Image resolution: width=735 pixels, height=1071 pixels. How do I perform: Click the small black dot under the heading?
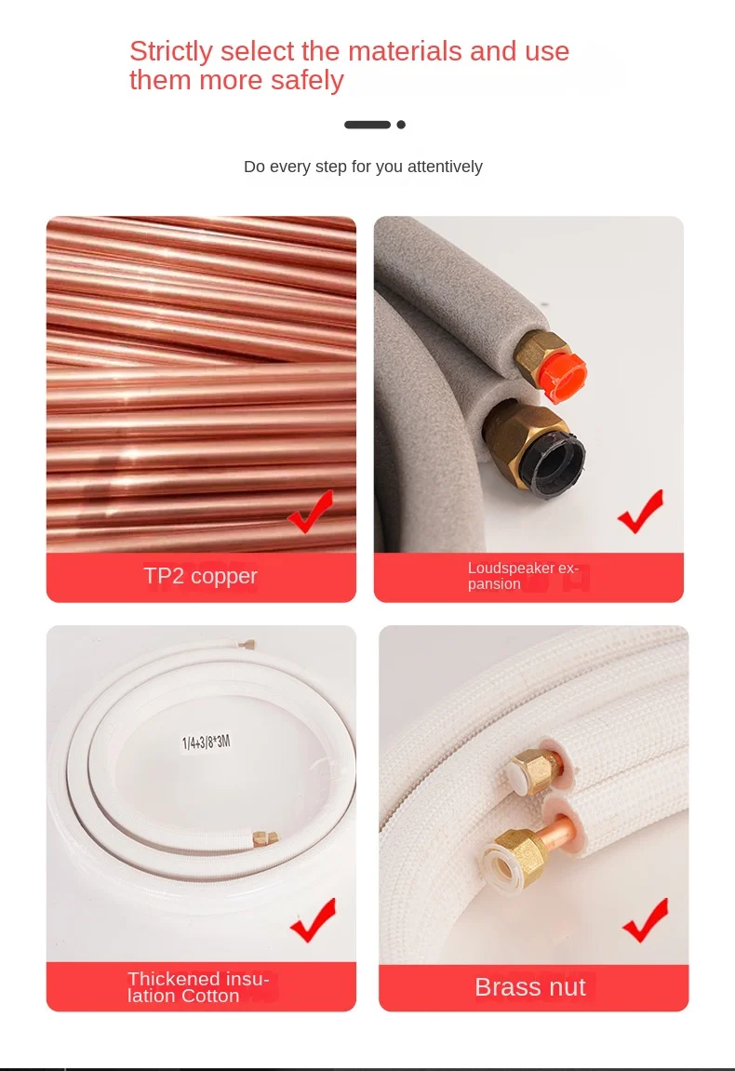pyautogui.click(x=401, y=125)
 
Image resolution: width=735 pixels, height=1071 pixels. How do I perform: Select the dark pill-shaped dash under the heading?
pyautogui.click(x=367, y=125)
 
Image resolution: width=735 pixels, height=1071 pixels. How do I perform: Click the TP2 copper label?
pyautogui.click(x=200, y=577)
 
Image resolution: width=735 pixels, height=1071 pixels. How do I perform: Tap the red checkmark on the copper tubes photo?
pyautogui.click(x=311, y=512)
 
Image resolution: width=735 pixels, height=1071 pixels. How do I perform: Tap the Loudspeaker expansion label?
pyautogui.click(x=523, y=576)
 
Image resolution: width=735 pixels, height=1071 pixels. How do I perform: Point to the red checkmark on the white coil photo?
pyautogui.click(x=313, y=920)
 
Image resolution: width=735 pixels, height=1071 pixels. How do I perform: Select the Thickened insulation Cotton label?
pyautogui.click(x=197, y=987)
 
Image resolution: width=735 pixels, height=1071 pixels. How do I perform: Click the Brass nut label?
pyautogui.click(x=529, y=987)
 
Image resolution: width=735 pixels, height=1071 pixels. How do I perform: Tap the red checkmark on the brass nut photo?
pyautogui.click(x=646, y=920)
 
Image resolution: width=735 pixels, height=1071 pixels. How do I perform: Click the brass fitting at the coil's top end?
pyautogui.click(x=248, y=643)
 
